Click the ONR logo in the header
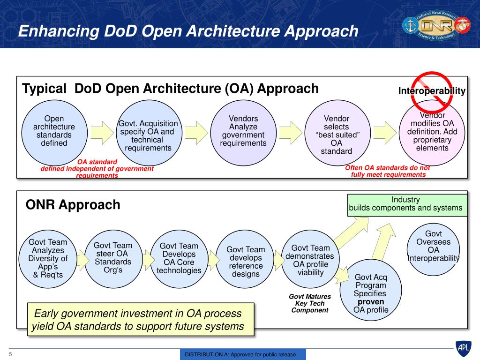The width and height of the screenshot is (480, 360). pos(436,25)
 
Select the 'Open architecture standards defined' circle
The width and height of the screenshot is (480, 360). pos(54,133)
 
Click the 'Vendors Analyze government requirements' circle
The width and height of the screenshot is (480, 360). pos(243,133)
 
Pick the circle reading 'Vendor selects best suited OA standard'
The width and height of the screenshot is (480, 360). pos(337,133)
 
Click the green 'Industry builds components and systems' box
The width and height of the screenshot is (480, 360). pos(407,205)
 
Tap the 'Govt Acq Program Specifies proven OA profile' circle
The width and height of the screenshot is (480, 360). pos(371,290)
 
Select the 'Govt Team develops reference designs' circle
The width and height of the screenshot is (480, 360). pos(245,259)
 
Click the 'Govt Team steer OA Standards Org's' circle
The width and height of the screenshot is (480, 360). pos(113,259)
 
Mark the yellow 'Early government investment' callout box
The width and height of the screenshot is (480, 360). pos(141,320)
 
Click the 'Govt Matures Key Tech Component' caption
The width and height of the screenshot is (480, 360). pos(310,303)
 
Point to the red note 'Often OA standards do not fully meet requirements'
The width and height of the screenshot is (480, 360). pos(388,171)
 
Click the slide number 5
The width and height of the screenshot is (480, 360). pos(10,354)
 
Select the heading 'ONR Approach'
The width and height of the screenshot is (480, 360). pos(73,204)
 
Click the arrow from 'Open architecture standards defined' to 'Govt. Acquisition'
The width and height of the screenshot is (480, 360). pos(102,133)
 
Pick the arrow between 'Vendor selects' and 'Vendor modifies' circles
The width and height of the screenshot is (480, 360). pos(385,133)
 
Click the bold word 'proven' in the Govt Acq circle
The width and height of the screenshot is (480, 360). pos(371,302)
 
